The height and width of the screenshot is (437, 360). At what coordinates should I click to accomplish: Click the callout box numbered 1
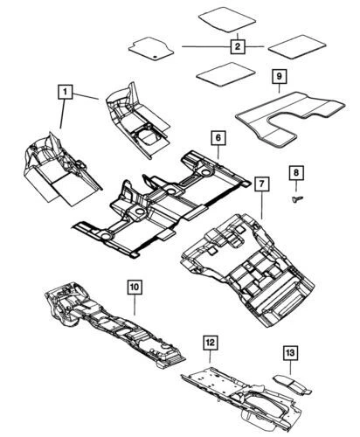[x=66, y=92]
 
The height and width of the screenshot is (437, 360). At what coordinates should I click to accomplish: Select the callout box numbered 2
[x=238, y=46]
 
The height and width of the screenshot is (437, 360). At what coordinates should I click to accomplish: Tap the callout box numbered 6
[x=218, y=138]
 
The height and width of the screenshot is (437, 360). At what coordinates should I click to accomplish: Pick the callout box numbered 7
[x=262, y=184]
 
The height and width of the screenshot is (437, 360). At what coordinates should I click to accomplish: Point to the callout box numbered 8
[x=296, y=173]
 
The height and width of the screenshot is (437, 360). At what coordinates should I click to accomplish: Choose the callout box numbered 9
[x=280, y=76]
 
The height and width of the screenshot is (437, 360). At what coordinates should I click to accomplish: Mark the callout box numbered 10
[x=135, y=287]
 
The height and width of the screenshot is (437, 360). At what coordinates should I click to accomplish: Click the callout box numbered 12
[x=211, y=343]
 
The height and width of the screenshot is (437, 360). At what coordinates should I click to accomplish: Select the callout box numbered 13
[x=290, y=353]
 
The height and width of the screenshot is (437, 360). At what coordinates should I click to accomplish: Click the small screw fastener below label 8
[x=297, y=198]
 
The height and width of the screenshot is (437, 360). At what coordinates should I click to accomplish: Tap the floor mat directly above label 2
[x=227, y=19]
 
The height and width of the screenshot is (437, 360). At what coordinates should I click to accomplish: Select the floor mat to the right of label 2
[x=297, y=47]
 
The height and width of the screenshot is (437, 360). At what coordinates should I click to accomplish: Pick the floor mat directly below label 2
[x=225, y=74]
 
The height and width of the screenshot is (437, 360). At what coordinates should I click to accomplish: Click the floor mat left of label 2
[x=151, y=48]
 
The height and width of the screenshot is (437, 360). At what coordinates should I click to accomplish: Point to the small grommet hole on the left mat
[x=156, y=56]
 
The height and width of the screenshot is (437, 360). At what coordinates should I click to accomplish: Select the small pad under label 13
[x=292, y=384]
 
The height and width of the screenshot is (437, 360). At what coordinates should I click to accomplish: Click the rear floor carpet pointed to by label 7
[x=247, y=269]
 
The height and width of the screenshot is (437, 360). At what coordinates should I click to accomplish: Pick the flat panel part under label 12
[x=242, y=396]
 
